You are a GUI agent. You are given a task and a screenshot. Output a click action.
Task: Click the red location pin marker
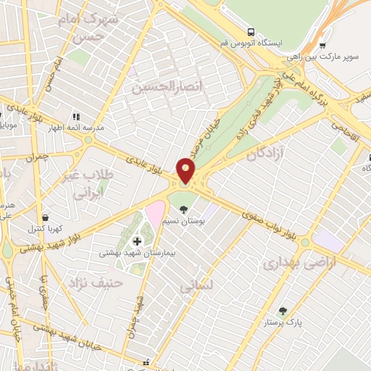pos(186,171)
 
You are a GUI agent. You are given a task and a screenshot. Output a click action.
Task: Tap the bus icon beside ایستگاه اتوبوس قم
pos(251,33)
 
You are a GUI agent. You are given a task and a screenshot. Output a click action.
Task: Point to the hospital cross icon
pos(136,241)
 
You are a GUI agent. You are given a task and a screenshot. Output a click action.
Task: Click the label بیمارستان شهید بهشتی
pos(136,254)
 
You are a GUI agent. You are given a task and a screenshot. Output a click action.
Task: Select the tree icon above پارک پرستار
pos(283,310)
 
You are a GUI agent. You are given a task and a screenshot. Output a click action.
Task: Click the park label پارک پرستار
pos(283,321)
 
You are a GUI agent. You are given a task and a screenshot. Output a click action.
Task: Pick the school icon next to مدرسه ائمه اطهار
pos(75,116)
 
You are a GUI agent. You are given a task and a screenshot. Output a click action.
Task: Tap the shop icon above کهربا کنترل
pos(46,217)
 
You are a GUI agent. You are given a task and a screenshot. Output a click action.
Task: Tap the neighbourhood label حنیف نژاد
pos(91,282)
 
